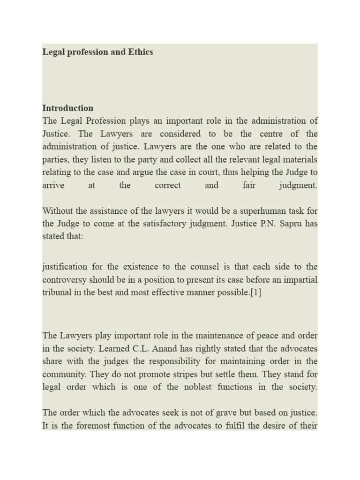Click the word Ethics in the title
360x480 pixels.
point(140,52)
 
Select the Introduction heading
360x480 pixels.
point(67,108)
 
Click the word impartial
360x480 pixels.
point(299,280)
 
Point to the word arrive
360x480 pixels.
point(53,185)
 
